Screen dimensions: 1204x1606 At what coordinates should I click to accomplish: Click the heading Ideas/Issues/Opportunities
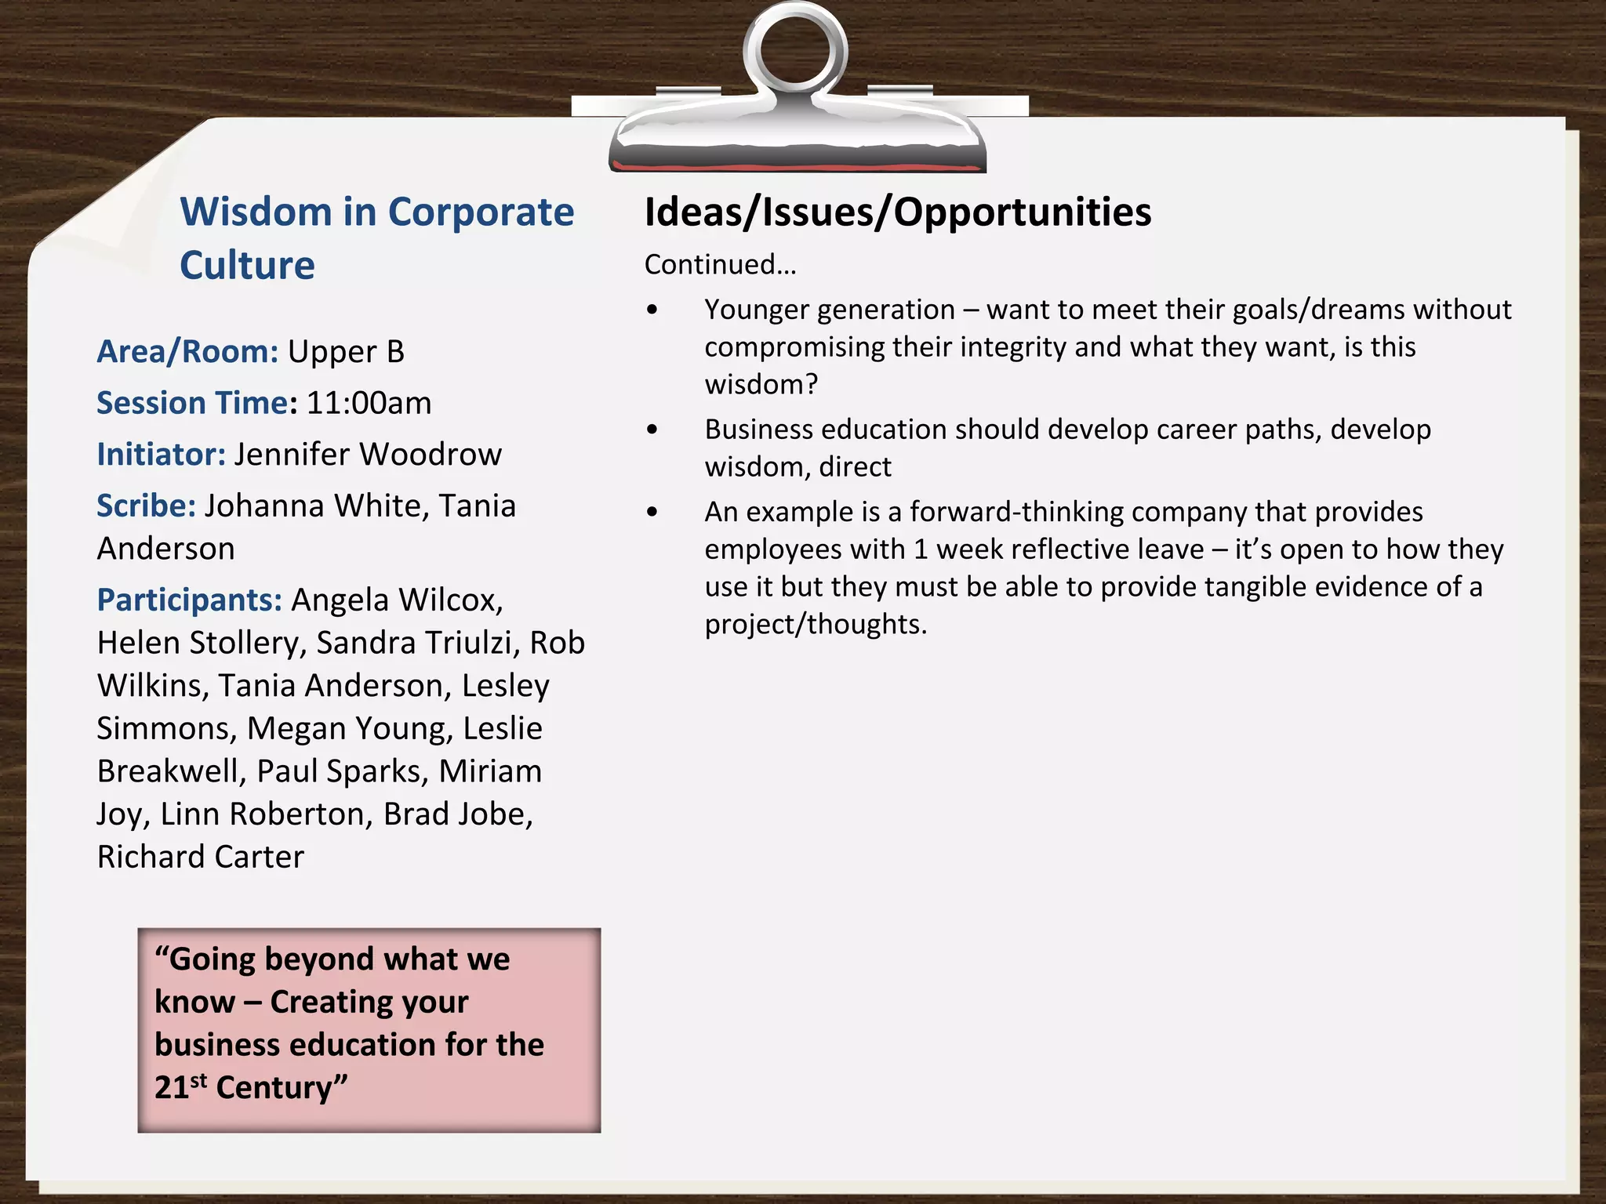coord(897,212)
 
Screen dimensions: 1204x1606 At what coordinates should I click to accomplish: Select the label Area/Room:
coord(187,352)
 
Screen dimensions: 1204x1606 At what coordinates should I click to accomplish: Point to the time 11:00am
coord(369,403)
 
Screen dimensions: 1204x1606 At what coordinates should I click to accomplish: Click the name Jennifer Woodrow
coord(368,455)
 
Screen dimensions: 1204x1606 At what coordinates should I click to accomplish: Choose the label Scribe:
coord(146,506)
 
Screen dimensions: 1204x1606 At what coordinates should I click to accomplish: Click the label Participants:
coord(189,600)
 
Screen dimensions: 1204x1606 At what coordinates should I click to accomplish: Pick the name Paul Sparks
coord(343,771)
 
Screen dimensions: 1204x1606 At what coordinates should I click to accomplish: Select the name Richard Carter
coord(200,857)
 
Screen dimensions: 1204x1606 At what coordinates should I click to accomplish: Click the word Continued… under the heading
coord(720,265)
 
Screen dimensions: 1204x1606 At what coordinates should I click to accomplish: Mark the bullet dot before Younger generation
coord(652,310)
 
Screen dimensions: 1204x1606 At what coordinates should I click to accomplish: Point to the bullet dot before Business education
coord(652,430)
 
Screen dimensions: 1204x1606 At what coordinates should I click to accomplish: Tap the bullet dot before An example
coord(652,513)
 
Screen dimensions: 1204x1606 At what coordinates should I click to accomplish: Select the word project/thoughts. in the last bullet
coord(816,625)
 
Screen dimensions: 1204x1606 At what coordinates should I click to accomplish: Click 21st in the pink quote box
coord(180,1087)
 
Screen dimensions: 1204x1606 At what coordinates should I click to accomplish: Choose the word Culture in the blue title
coord(247,266)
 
